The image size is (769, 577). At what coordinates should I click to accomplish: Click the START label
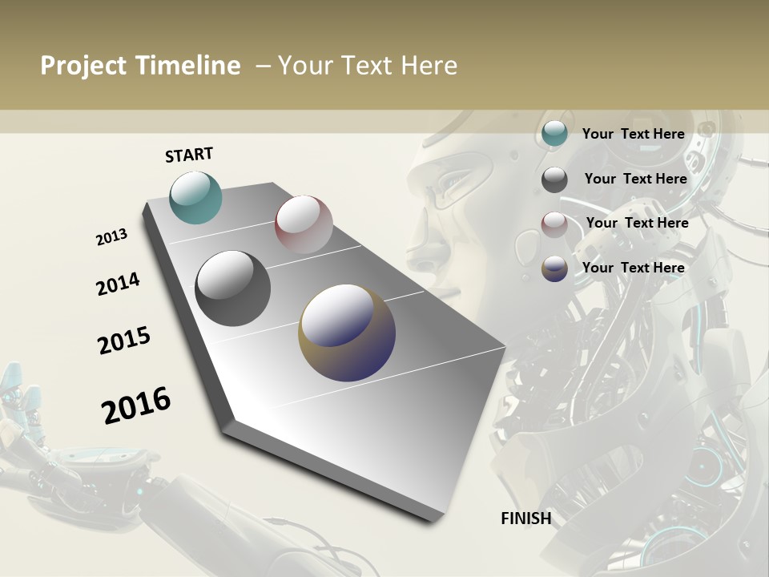point(189,155)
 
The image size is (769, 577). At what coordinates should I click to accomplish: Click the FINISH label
point(526,518)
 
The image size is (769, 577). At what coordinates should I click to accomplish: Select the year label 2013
point(111,237)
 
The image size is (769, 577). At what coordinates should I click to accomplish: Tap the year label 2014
point(118,284)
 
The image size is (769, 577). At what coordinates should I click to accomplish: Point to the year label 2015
point(124,341)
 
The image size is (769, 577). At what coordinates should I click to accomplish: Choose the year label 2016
point(136,405)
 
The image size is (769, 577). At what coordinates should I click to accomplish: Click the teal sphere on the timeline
point(195,197)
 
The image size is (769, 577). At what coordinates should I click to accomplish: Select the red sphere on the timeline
point(304,224)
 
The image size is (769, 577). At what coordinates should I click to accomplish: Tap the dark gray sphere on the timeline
point(232,288)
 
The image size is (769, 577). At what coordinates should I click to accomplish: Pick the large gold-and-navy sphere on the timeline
point(347,333)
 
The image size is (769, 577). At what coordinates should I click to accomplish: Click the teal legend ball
point(554,134)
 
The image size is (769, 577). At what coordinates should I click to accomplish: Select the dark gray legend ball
point(554,180)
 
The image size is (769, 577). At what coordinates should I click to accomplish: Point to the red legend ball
point(554,224)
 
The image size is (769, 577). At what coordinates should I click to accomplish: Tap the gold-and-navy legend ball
point(554,268)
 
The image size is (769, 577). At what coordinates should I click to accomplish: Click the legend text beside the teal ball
point(633,134)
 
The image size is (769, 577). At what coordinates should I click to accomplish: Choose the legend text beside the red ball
point(637,223)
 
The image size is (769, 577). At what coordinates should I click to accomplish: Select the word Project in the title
point(83,66)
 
